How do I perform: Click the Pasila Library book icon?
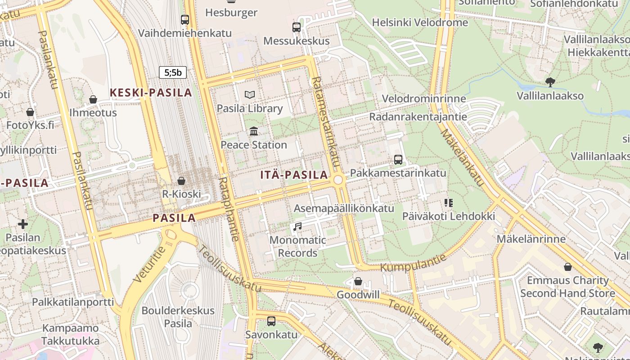(250, 94)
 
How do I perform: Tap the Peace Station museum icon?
(254, 131)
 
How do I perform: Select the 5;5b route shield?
(172, 72)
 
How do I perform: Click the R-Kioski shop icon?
(181, 181)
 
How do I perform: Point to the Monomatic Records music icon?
(297, 226)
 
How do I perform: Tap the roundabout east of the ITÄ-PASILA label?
(338, 180)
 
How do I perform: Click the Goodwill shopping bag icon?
(358, 281)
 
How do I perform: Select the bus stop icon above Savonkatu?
(271, 321)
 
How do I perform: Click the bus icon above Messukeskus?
(297, 27)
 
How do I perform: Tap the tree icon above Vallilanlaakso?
(550, 82)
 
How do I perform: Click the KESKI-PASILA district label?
(151, 93)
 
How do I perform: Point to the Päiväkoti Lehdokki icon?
(448, 202)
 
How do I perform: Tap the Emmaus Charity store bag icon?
(568, 267)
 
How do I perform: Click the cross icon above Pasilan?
(23, 224)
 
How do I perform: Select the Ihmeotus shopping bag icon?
(93, 99)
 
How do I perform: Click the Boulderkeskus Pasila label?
(178, 317)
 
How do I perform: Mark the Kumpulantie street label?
(414, 263)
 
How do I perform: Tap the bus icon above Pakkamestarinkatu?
(398, 159)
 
